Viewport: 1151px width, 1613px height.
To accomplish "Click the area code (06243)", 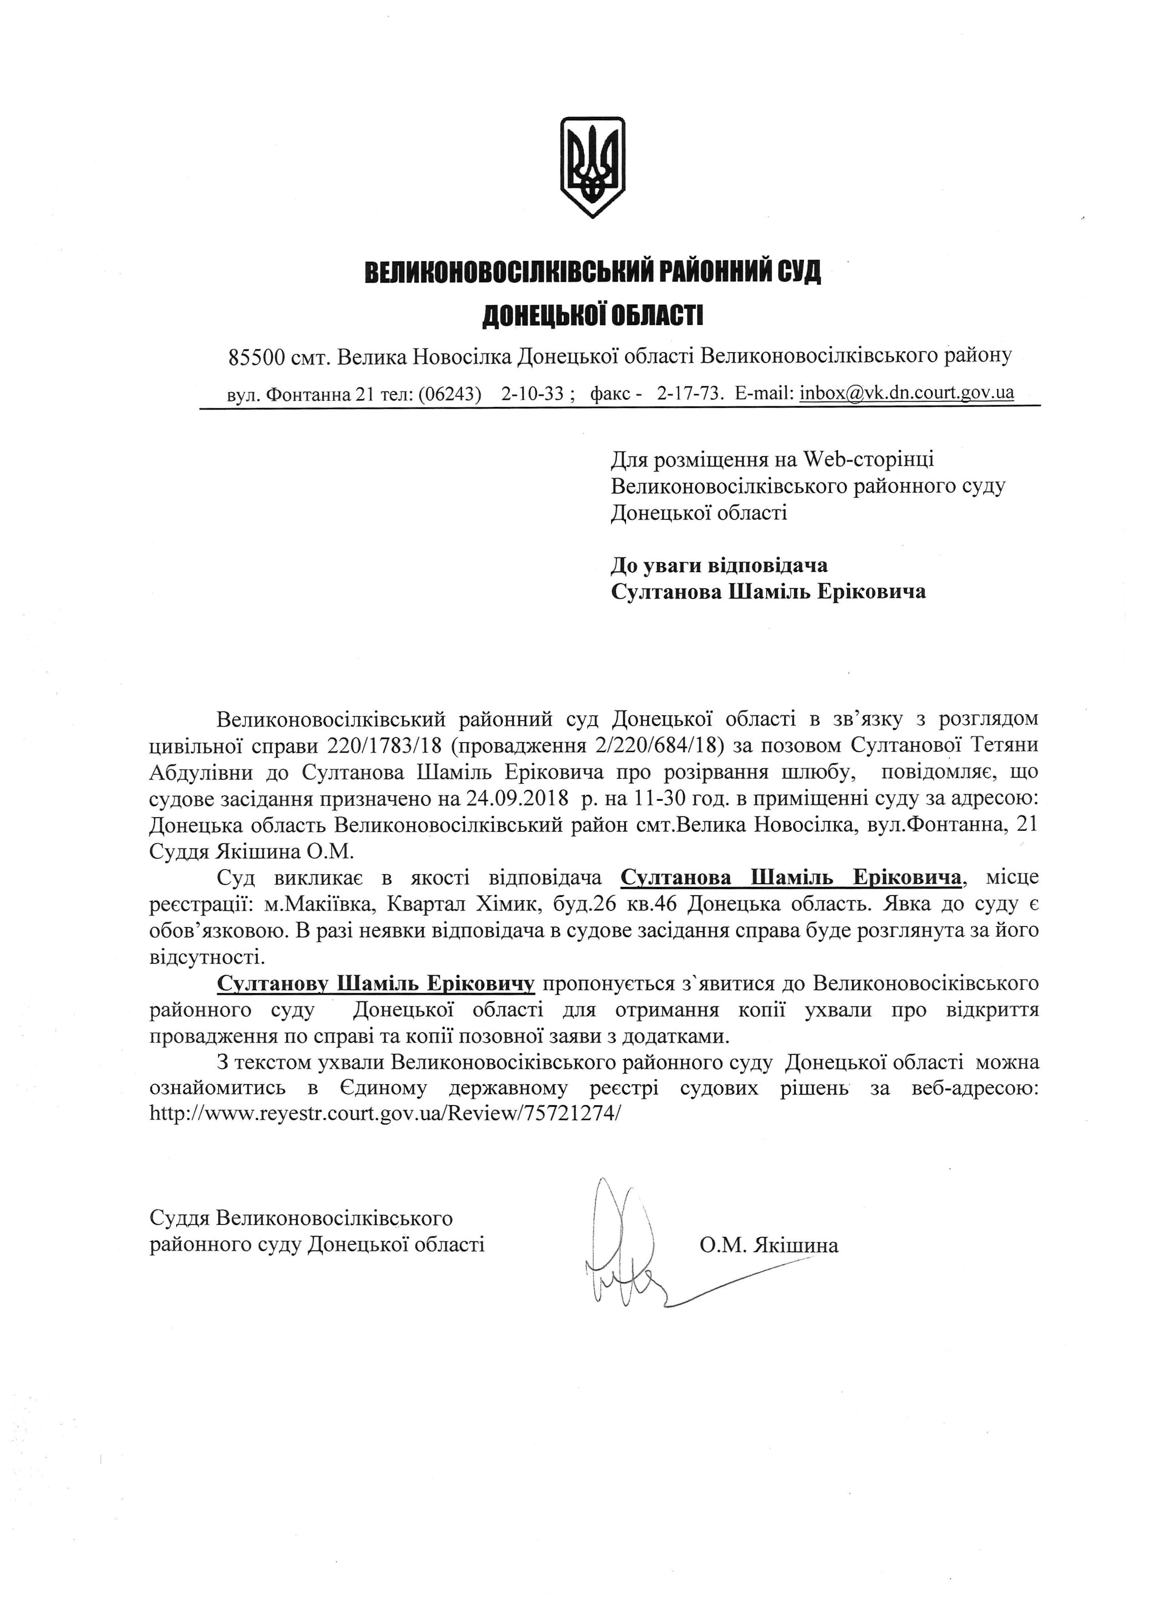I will coord(450,394).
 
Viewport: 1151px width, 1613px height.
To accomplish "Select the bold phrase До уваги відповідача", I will coord(719,565).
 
